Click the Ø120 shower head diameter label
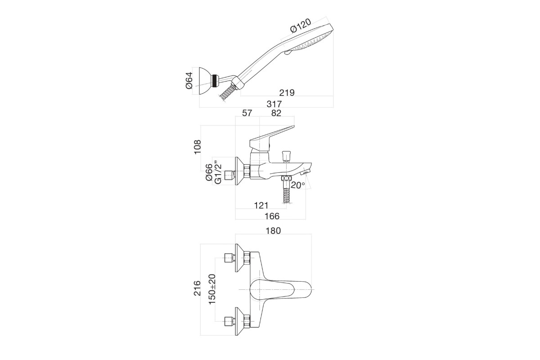coord(301,26)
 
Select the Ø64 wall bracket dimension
coord(189,81)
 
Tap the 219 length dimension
coord(287,93)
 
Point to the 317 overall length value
coord(274,104)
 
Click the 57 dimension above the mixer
coord(247,113)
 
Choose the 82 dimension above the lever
coord(276,113)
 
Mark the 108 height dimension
coord(197,147)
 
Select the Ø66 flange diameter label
coord(209,172)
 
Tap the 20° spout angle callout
coord(298,185)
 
